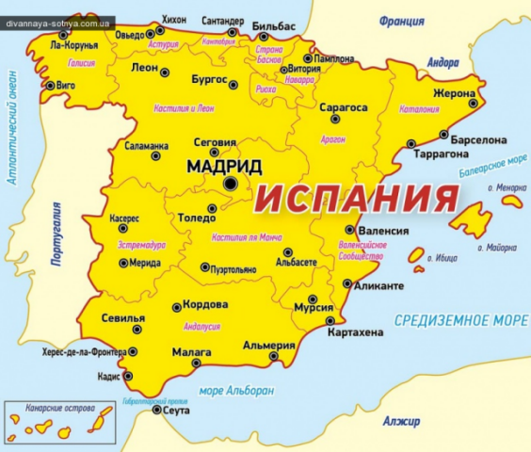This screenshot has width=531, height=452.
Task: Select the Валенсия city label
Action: [383, 230]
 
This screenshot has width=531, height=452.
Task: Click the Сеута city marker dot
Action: [156, 411]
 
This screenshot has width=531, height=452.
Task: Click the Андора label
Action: [442, 63]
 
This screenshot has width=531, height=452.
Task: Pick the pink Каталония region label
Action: [420, 110]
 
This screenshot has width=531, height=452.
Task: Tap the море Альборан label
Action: [236, 391]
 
